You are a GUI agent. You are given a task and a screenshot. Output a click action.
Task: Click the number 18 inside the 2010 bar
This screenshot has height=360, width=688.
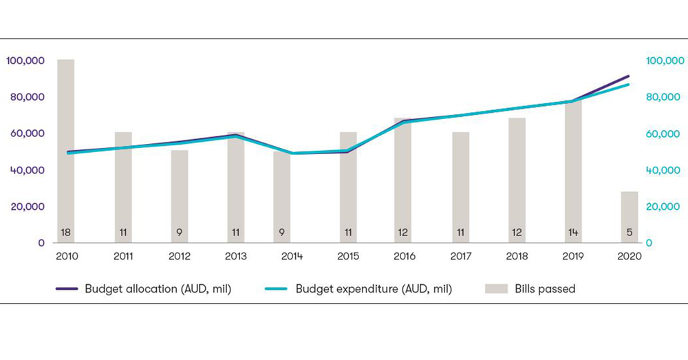click(66, 233)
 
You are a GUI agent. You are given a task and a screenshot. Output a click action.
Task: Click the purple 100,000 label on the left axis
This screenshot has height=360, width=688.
click(25, 61)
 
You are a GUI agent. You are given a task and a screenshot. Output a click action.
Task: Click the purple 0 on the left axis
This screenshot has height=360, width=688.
click(41, 243)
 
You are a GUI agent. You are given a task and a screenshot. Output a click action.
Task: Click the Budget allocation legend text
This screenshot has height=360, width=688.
click(158, 289)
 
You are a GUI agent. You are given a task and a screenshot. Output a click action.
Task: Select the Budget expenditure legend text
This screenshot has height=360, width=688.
click(374, 289)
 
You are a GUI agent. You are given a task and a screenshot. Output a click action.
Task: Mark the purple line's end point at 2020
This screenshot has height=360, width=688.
click(629, 76)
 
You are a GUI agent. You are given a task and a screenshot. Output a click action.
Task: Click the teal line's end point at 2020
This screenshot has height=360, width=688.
click(629, 84)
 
